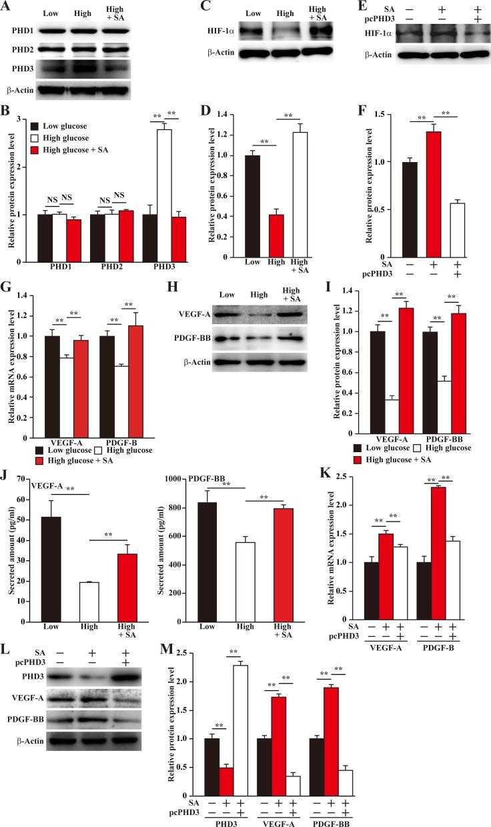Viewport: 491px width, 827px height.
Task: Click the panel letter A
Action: click(x=6, y=6)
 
